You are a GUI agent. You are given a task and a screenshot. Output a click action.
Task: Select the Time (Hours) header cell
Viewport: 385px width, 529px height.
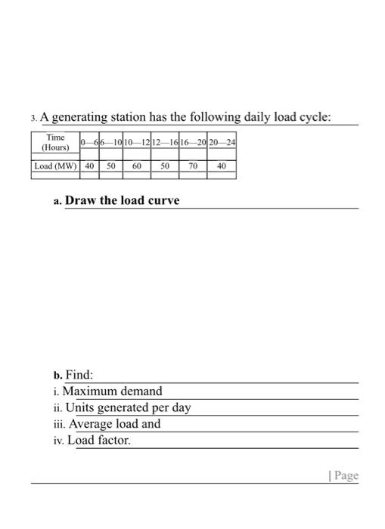(x=55, y=142)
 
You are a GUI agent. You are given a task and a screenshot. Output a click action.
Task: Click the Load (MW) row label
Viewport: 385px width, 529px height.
(x=55, y=166)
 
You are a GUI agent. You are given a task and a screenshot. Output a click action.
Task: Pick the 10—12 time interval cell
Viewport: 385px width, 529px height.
(x=137, y=142)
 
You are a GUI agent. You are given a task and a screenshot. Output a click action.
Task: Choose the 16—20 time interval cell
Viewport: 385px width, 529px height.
(x=192, y=142)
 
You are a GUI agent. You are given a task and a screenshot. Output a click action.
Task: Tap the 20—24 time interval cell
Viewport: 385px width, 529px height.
(x=221, y=142)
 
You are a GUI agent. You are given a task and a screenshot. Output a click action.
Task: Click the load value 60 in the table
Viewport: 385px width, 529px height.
(x=137, y=166)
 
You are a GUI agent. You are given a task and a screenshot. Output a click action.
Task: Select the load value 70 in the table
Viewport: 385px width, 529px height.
(x=192, y=166)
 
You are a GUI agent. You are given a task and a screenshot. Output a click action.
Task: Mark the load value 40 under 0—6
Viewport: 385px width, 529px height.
(x=89, y=166)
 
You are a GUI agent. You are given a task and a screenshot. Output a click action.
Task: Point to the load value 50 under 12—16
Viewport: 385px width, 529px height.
(x=164, y=166)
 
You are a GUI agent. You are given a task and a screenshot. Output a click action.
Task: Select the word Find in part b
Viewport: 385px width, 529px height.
(x=79, y=375)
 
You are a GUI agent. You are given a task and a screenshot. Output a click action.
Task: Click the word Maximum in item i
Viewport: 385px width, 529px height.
(x=89, y=391)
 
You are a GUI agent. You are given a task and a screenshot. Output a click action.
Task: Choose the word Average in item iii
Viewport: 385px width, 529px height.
(x=94, y=424)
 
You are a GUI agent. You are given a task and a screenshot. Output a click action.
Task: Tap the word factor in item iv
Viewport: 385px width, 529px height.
(x=112, y=440)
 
